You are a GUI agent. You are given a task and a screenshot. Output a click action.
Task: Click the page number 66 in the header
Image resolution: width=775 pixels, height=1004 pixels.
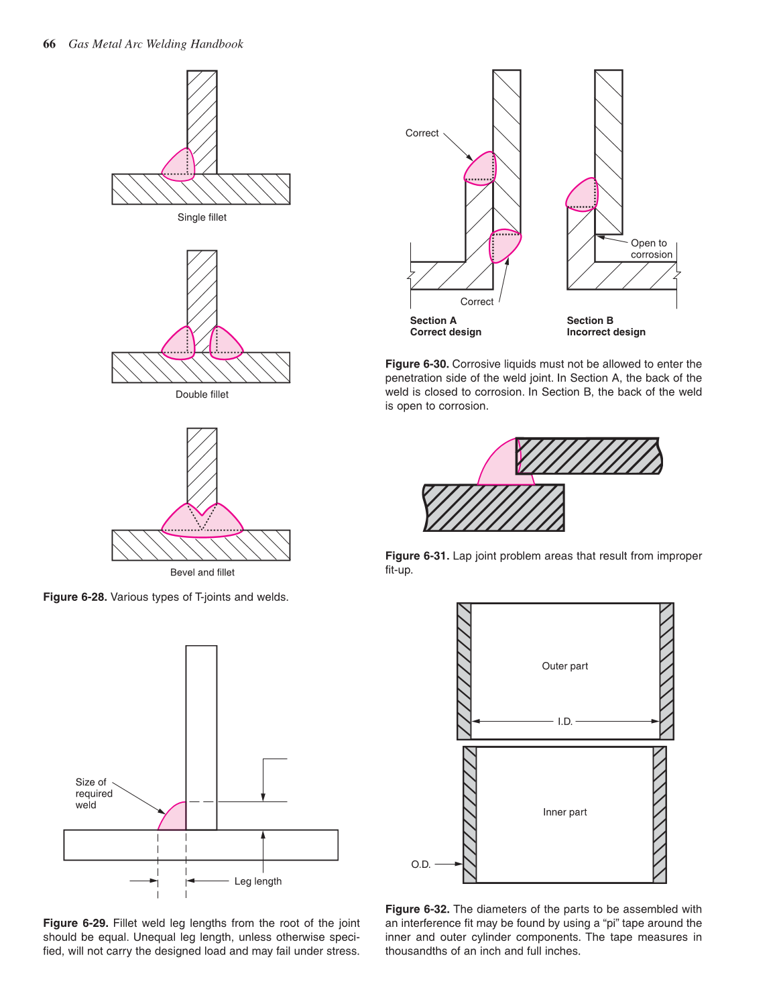coord(49,44)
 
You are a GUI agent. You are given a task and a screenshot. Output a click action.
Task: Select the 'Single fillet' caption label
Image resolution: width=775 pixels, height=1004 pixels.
coord(202,217)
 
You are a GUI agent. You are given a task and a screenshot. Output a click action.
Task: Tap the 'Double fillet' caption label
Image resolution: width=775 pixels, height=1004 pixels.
coord(202,394)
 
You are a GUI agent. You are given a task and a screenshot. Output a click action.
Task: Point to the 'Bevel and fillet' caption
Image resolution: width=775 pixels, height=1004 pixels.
coord(202,572)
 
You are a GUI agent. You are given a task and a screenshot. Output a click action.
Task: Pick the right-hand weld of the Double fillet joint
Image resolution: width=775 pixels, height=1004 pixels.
coord(225,344)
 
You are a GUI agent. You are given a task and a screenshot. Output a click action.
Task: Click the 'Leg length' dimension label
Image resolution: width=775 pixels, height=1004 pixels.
coord(257,881)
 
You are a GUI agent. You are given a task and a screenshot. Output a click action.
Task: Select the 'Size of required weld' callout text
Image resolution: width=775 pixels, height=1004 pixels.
coord(93,793)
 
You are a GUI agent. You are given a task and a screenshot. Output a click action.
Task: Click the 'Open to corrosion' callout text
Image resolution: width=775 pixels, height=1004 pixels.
coord(650,249)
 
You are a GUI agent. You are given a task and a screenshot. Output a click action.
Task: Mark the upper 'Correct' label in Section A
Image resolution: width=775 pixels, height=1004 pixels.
coord(422,133)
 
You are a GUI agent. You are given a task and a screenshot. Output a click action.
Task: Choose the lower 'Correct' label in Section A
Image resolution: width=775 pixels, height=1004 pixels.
coord(477,302)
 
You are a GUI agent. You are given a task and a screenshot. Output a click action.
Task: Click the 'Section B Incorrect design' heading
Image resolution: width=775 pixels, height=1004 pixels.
coord(605,326)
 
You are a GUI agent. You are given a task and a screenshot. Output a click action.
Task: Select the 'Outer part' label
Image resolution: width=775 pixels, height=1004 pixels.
coord(564,666)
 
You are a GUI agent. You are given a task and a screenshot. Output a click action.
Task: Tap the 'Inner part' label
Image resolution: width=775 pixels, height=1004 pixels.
coord(564,812)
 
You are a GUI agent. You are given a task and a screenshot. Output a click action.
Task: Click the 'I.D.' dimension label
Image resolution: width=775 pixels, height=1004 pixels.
coord(564,722)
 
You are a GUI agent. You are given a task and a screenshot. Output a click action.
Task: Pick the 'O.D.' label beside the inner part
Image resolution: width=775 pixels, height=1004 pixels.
coord(420,864)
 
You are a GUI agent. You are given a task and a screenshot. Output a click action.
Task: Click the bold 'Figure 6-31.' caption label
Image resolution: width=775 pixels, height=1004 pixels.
coord(416,556)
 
